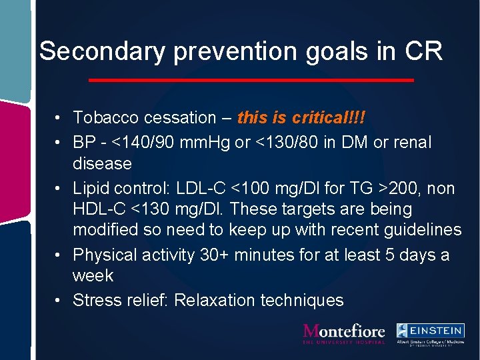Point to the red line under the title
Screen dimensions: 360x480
[x=251, y=81]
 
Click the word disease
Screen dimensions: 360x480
[x=102, y=163]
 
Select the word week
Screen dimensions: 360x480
[x=93, y=276]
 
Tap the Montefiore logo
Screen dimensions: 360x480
[x=344, y=333]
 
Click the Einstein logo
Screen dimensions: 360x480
[x=430, y=333]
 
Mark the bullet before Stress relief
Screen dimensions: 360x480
[x=59, y=301]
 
